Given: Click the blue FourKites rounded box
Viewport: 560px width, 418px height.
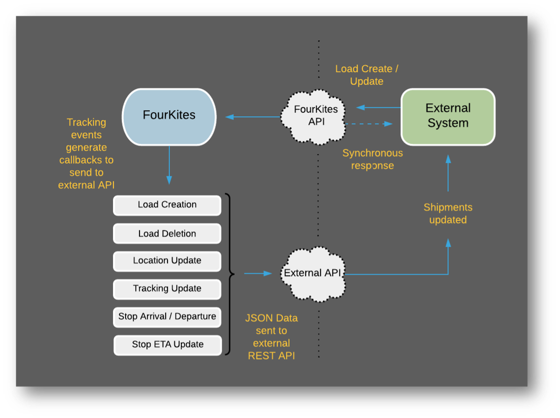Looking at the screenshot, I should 169,117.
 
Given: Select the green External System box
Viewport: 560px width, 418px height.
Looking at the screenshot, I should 447,117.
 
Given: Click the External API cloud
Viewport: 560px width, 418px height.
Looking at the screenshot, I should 312,273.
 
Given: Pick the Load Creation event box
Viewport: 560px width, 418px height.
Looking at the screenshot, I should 167,205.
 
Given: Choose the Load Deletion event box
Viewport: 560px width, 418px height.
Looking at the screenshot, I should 167,233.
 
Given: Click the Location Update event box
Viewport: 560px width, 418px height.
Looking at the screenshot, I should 167,261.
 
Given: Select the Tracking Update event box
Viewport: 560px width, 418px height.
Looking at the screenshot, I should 167,289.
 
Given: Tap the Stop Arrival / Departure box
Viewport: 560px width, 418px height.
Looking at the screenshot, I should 167,317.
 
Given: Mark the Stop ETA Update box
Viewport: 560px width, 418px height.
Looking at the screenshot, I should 167,345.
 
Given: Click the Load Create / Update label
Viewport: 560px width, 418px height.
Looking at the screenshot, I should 366,75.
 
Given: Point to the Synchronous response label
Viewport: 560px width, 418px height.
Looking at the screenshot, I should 372,159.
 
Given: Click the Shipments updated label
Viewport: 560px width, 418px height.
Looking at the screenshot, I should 447,214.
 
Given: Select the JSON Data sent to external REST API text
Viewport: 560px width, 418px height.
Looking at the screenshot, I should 271,337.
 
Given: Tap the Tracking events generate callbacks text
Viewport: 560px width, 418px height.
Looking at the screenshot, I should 86,154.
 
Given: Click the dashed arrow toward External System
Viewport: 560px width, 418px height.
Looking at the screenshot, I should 368,124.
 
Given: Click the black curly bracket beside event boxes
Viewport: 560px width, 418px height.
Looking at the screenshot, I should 230,273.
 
